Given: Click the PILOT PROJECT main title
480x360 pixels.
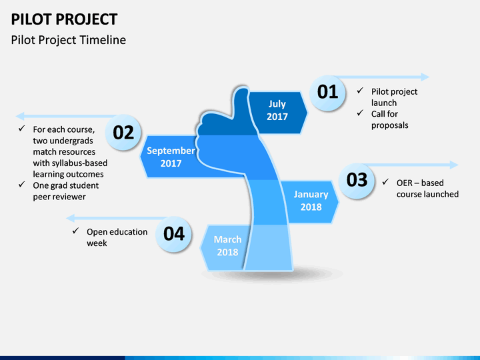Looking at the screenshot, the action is (x=64, y=19).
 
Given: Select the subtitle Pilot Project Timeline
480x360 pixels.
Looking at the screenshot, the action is (x=68, y=40).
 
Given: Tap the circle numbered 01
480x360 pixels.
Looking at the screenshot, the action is (x=327, y=93).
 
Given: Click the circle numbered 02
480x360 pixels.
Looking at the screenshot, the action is (x=123, y=132).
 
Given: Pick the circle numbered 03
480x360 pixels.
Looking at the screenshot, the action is (x=357, y=180).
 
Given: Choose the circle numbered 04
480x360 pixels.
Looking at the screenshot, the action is (x=174, y=234).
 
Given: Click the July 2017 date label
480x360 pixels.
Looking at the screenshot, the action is (x=277, y=110).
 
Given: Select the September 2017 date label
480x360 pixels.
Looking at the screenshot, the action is (x=171, y=157).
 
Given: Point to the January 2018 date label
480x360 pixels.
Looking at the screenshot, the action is (x=311, y=201).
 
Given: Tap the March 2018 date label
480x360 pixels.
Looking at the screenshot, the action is (x=227, y=245).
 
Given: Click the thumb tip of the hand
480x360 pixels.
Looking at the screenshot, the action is (x=241, y=88).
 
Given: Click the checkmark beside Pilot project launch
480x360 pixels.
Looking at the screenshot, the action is (x=360, y=91).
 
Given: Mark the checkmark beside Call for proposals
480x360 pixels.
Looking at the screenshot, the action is (x=360, y=113).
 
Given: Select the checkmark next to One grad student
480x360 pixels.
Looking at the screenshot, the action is (x=21, y=184).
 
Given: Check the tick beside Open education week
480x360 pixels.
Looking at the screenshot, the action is (x=75, y=231).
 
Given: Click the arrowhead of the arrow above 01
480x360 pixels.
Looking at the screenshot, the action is (x=425, y=77).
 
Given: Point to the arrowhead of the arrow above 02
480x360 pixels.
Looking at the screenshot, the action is (x=20, y=116).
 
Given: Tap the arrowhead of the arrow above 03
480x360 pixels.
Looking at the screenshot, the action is (x=454, y=165).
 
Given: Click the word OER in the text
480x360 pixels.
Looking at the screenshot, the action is (x=403, y=183).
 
